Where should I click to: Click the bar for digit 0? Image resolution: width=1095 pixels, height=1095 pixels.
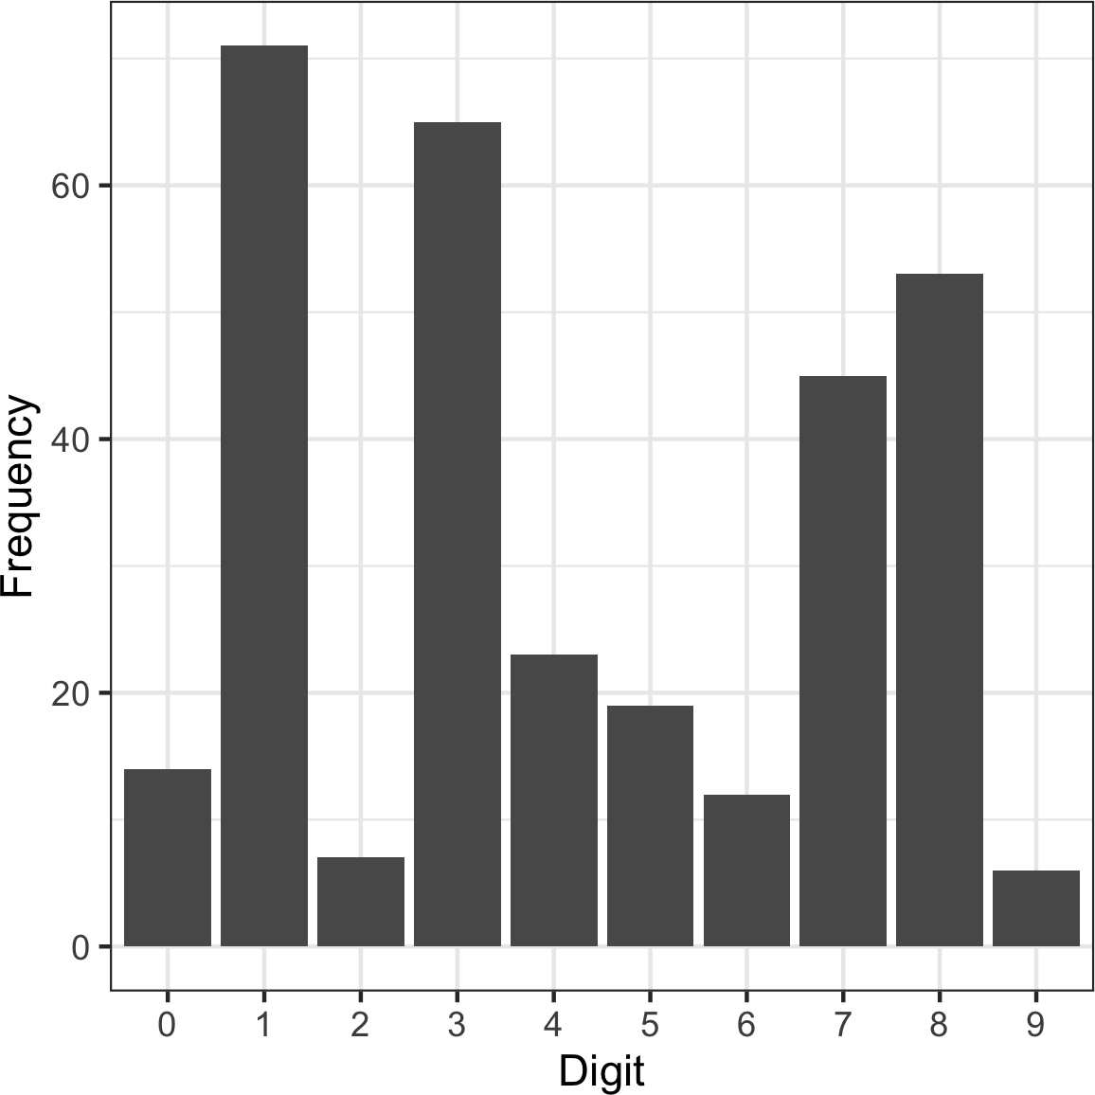click(168, 857)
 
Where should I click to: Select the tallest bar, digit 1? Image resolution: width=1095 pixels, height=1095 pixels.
click(264, 495)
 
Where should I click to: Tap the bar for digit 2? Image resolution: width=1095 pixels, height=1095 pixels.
click(361, 901)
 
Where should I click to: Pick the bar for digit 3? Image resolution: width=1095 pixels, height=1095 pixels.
click(458, 533)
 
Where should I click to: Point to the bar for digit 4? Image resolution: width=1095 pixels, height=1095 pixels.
click(554, 799)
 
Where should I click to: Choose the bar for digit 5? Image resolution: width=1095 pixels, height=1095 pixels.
click(650, 825)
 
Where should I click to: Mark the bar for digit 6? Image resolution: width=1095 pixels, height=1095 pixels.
click(746, 870)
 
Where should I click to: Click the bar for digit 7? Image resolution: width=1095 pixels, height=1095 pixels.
click(843, 660)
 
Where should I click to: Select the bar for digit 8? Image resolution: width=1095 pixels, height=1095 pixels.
click(940, 609)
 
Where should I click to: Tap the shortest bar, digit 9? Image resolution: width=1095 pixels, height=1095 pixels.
click(1036, 907)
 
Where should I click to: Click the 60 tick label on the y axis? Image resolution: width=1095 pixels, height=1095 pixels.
click(69, 186)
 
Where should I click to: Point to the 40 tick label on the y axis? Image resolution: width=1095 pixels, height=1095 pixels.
click(69, 440)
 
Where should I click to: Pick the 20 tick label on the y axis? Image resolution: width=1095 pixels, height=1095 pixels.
click(69, 693)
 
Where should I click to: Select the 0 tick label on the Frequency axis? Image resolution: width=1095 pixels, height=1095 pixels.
click(81, 947)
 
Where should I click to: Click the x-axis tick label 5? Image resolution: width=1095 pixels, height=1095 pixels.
click(650, 1026)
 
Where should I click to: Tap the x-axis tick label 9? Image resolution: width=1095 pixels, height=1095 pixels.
click(1036, 1026)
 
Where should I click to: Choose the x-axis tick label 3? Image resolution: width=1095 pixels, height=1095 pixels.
click(458, 1026)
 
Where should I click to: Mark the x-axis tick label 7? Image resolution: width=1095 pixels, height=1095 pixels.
click(843, 1026)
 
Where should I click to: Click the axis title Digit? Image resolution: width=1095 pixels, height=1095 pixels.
click(601, 1071)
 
